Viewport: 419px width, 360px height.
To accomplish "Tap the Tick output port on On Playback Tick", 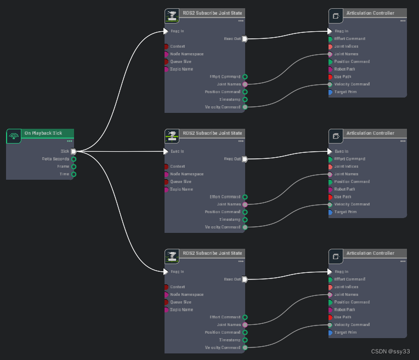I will pos(73,151).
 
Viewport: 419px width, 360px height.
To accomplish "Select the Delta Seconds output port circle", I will pos(73,159).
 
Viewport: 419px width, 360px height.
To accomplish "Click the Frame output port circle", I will pos(73,167).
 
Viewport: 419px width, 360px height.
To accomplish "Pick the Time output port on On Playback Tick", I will pos(73,174).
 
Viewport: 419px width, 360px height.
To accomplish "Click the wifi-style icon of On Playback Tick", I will pos(14,136).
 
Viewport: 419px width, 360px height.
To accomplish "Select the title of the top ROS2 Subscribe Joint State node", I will pos(212,13).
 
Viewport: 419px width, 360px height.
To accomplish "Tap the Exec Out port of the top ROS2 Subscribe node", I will pos(245,39).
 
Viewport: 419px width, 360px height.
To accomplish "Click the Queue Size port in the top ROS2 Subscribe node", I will pos(166,61).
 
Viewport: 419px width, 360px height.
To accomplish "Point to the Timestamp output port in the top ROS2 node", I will pos(245,100).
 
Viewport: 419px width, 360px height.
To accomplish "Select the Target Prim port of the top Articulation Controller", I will pos(330,92).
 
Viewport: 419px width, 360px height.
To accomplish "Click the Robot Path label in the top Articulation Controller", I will pos(345,69).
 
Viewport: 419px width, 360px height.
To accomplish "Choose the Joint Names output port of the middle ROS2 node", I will pos(245,204).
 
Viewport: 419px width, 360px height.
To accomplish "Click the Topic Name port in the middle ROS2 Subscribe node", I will pos(166,189).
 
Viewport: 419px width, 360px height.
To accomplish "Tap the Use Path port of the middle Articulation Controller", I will pos(330,197).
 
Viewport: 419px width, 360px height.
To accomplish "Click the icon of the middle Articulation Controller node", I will pos(336,136).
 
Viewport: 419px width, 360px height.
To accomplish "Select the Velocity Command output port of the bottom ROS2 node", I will pos(245,347).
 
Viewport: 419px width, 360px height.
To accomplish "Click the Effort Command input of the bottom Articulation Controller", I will pos(330,279).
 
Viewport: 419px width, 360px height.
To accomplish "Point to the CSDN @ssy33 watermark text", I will pos(390,351).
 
